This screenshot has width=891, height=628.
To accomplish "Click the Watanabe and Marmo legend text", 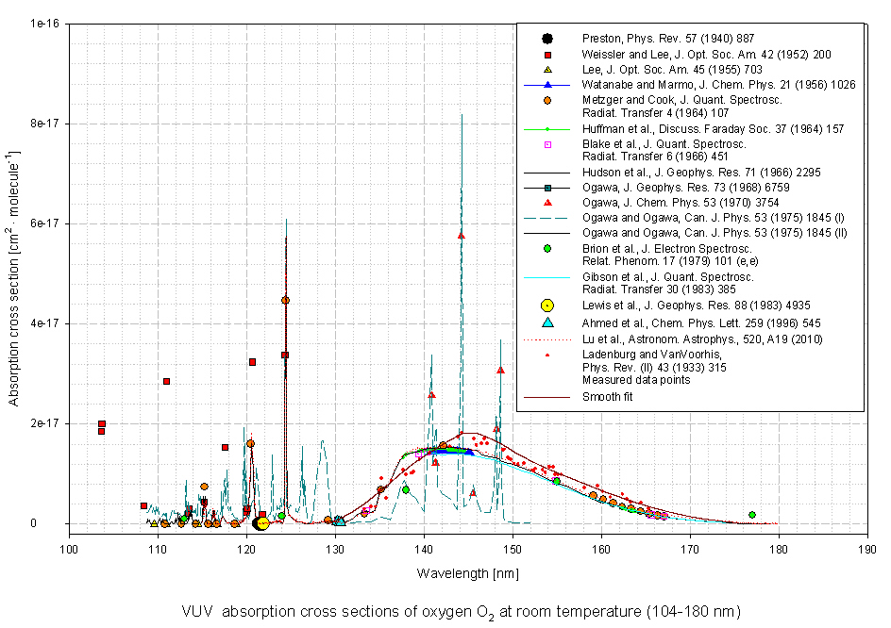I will tap(718, 85).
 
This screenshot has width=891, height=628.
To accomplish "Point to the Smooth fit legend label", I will tap(608, 397).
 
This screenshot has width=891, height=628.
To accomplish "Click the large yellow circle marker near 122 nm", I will tap(261, 523).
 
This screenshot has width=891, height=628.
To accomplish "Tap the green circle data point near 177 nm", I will tap(751, 515).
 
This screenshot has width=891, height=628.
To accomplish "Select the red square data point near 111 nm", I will tap(166, 381).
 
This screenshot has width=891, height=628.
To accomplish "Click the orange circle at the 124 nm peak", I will tap(285, 300).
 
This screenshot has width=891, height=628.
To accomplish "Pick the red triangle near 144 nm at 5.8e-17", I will tap(461, 235).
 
